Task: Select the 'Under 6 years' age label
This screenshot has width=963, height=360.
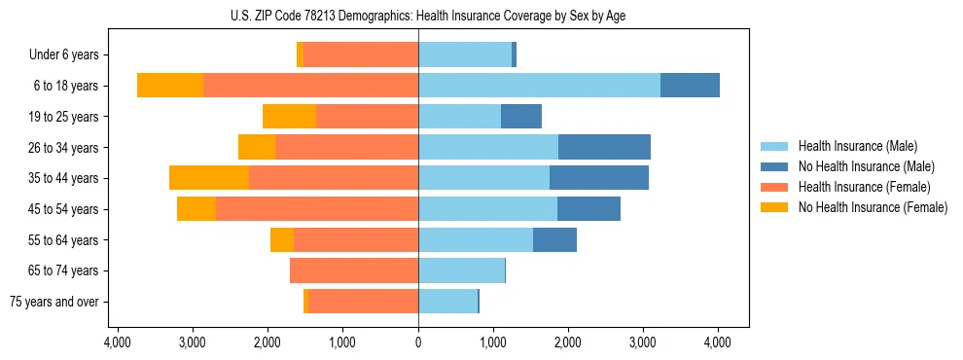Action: coord(69,55)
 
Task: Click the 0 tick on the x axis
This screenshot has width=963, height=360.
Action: coord(418,342)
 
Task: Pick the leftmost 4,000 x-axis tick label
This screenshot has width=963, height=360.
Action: coord(118,342)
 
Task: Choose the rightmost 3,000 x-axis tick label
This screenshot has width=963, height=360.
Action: coord(643,342)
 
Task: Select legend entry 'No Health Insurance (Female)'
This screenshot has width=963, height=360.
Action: coord(873,207)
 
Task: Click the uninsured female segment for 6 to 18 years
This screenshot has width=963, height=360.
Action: coord(170,86)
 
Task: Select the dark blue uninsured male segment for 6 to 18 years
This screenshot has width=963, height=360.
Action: coord(690,86)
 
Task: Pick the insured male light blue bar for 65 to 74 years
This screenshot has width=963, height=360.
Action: coord(461,270)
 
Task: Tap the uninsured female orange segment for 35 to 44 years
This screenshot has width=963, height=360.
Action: coord(209,178)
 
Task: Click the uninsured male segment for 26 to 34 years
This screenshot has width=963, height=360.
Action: coord(604,147)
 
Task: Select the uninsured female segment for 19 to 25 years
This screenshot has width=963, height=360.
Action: coord(289,117)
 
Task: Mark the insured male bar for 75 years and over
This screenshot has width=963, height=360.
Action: coord(447,302)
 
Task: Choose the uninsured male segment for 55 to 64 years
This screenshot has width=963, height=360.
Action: coord(554,239)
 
